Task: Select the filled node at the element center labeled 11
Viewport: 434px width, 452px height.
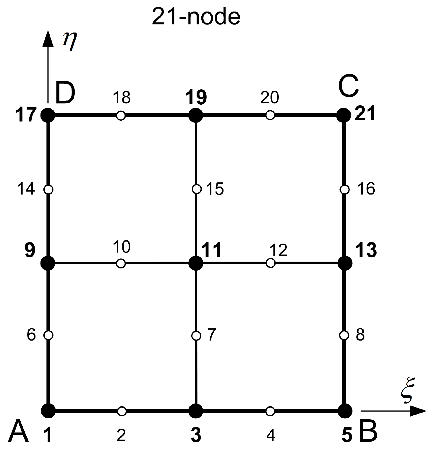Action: point(196,263)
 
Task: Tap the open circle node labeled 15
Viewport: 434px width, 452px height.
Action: point(196,189)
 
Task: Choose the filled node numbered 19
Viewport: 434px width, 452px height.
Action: point(196,115)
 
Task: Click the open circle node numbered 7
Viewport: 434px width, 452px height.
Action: point(196,336)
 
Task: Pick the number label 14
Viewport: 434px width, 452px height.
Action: point(26,189)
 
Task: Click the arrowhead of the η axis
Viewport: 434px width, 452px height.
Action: point(48,39)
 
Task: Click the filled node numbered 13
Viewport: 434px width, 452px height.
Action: point(344,263)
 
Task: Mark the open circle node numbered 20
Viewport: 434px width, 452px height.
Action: point(270,115)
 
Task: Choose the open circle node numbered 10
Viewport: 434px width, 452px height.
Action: point(121,263)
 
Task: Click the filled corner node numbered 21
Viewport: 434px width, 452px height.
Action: point(344,115)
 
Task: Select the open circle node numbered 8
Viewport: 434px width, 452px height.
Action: point(344,335)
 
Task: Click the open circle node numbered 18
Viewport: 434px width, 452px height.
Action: point(121,115)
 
